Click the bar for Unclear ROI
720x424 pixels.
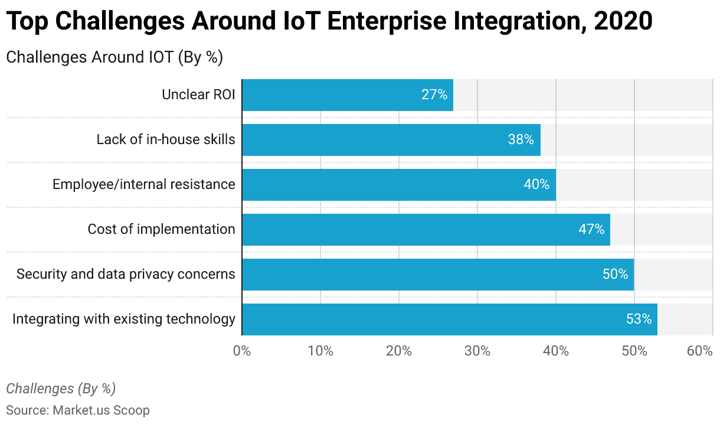347,95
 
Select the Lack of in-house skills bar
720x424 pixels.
391,140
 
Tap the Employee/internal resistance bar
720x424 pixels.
398,185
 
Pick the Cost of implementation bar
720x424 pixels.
426,230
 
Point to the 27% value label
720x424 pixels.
434,95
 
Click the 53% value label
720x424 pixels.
639,319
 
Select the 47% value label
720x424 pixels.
591,230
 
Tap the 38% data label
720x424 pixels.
521,140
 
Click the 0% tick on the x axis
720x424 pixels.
242,351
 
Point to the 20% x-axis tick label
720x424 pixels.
399,351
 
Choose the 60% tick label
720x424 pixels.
700,351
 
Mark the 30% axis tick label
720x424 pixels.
477,351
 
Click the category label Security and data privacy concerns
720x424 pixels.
126,274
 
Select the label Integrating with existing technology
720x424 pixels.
124,319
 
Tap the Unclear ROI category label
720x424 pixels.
198,94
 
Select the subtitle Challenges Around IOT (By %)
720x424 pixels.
114,57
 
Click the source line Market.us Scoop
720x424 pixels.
78,410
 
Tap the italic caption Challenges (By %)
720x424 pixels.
61,389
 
